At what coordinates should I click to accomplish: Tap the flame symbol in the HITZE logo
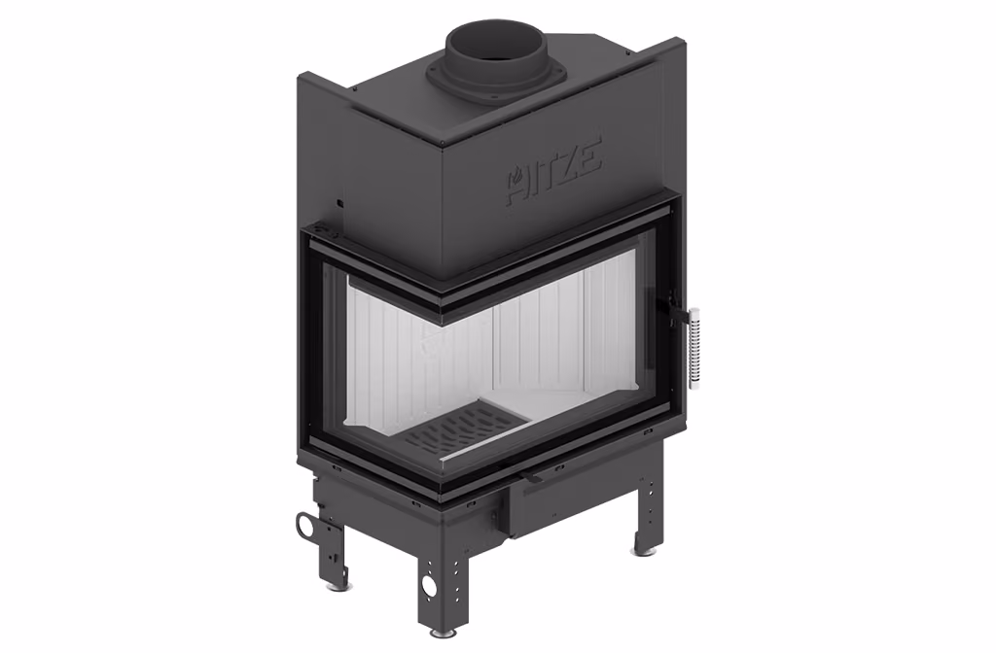point(518,173)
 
